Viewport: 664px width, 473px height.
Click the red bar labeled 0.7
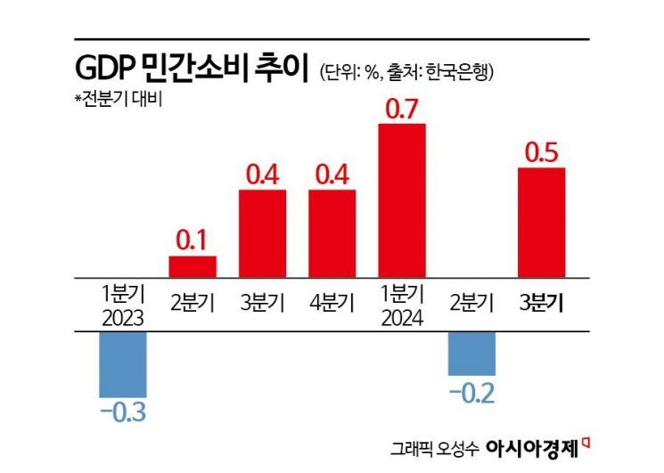pyautogui.click(x=402, y=201)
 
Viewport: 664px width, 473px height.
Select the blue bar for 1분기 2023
pyautogui.click(x=122, y=365)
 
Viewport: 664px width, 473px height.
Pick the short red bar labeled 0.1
pyautogui.click(x=193, y=267)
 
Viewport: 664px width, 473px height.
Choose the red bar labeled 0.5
pyautogui.click(x=542, y=223)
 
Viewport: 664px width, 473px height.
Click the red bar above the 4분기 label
pyautogui.click(x=332, y=233)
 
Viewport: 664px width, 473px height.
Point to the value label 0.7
pyautogui.click(x=402, y=110)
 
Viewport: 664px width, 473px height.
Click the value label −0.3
pyautogui.click(x=122, y=413)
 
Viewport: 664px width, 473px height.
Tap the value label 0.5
pyautogui.click(x=542, y=153)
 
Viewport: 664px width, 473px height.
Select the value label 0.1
pyautogui.click(x=193, y=241)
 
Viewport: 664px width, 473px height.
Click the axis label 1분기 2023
pyautogui.click(x=122, y=306)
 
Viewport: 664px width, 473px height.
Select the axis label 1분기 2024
pyautogui.click(x=402, y=306)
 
